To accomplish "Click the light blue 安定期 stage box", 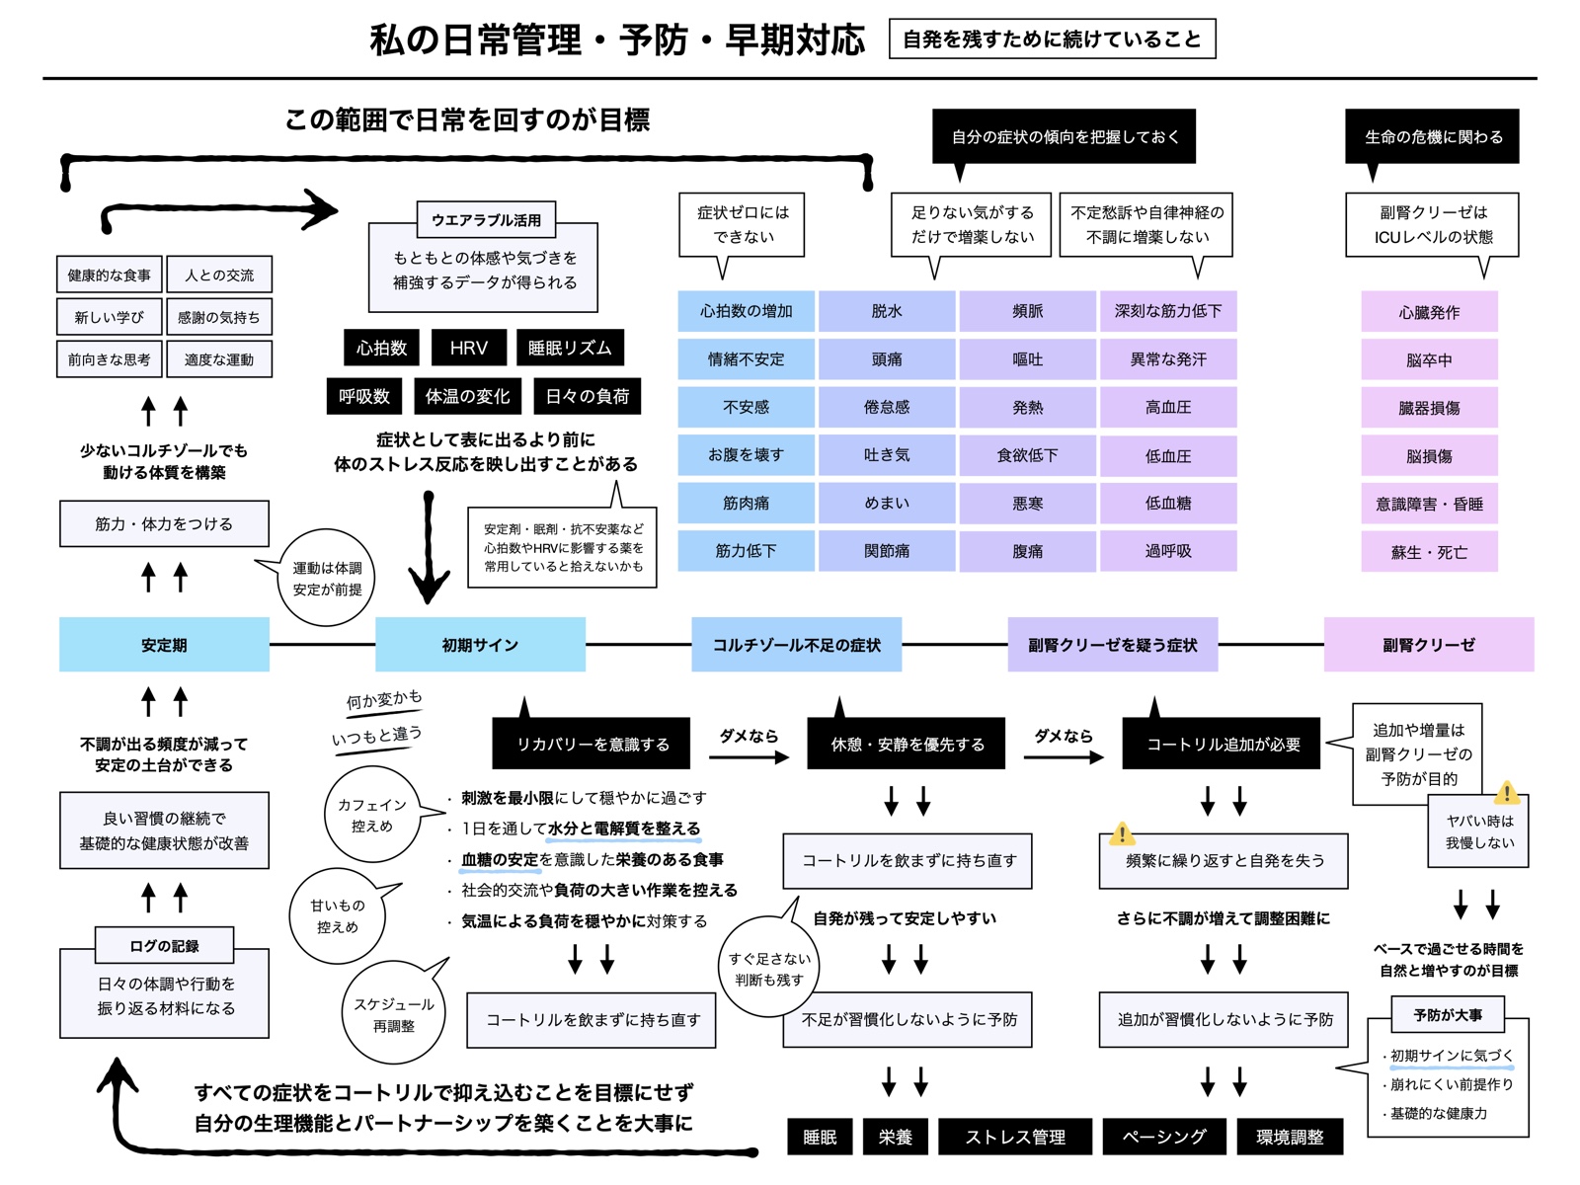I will (164, 645).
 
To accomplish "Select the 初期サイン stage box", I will (480, 645).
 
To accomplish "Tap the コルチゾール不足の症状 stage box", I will (796, 645).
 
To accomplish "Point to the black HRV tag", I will (469, 348).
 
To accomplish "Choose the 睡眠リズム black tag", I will (570, 348).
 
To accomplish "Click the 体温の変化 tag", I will (467, 396).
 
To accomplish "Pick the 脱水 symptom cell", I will (887, 311).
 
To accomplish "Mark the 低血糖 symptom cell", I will (1168, 503).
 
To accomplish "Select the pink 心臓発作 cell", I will (1429, 312).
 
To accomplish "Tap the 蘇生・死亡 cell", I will (1429, 552).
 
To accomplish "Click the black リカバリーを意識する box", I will (592, 744).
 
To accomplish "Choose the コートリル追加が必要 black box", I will (1223, 744).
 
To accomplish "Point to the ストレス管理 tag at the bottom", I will (1015, 1137).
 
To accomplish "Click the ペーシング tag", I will (1164, 1137).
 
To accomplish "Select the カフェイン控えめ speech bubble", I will (372, 815).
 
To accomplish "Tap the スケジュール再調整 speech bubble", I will (394, 1014).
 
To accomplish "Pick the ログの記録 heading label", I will (164, 945).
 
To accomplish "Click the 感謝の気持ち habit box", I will (219, 317).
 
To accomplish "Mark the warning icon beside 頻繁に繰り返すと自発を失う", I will (1122, 833).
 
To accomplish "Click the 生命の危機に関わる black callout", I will (1433, 136).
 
